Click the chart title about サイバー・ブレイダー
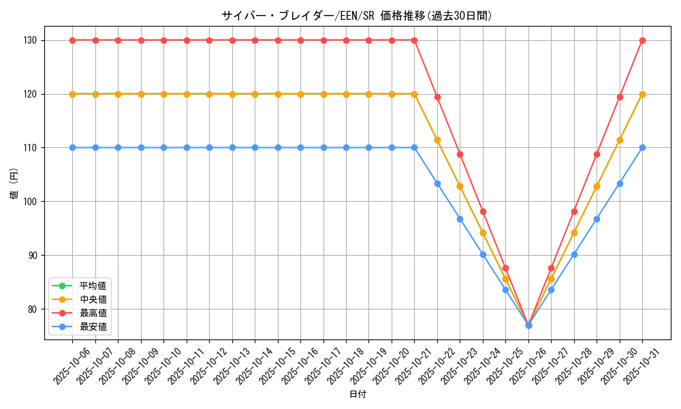tap(357, 16)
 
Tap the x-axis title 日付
tap(358, 395)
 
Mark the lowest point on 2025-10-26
tap(528, 325)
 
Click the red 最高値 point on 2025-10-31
tap(642, 40)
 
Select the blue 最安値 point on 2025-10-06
tap(72, 147)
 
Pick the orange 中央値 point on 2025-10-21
tap(414, 94)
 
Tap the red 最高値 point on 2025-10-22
tap(437, 97)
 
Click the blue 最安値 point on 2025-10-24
tap(483, 254)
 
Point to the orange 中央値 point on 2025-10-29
tap(597, 186)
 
